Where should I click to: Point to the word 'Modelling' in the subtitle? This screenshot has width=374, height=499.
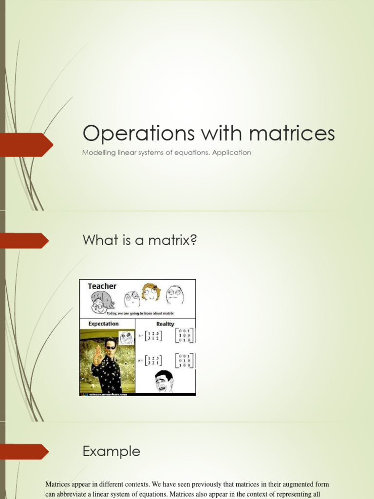(99, 153)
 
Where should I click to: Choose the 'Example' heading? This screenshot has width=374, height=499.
(112, 451)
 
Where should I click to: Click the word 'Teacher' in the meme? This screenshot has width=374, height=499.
(102, 286)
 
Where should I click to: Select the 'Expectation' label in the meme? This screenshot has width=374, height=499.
(103, 324)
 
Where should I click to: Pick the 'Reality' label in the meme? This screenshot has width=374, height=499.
(165, 324)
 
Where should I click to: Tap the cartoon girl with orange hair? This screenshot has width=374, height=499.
(151, 292)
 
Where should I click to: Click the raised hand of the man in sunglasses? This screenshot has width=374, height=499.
(97, 355)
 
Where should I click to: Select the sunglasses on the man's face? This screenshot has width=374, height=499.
(111, 347)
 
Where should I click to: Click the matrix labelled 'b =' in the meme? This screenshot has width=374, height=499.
(151, 336)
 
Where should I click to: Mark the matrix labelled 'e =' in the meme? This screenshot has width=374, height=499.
(151, 361)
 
